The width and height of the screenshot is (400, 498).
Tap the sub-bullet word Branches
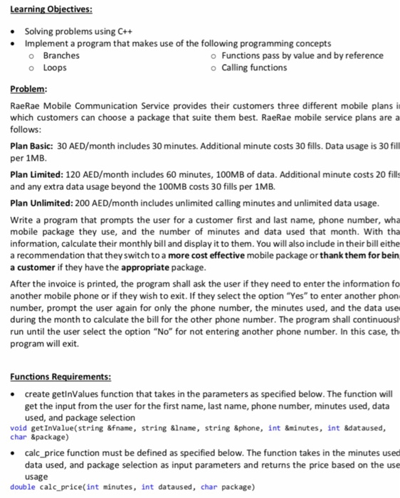61,55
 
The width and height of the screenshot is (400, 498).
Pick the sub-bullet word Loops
55,68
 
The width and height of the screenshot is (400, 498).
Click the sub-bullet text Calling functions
254,68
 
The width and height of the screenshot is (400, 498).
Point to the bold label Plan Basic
33,146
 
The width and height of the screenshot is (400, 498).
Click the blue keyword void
19,428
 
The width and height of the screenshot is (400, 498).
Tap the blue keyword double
23,487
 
